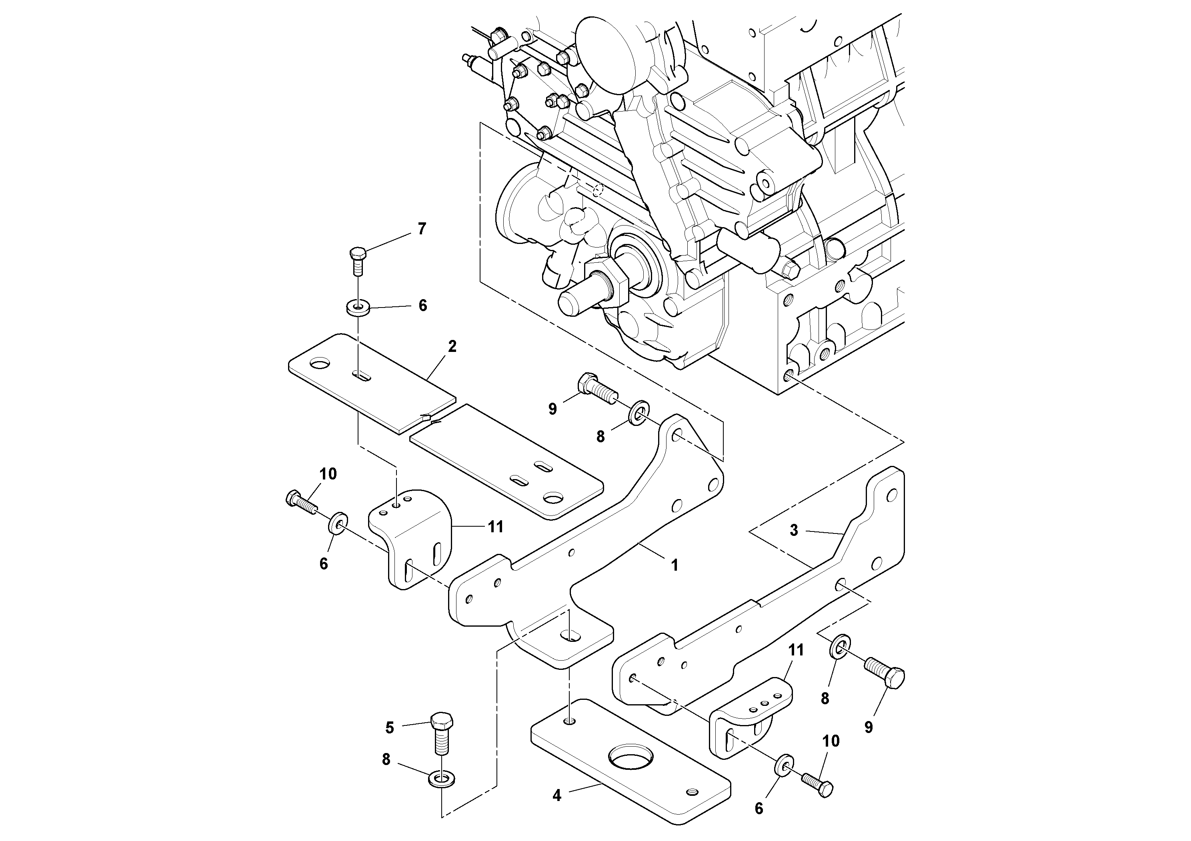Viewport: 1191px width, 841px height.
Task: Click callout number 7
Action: point(422,229)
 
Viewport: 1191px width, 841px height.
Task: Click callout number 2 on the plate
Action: point(452,346)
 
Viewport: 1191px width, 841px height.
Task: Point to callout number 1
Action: point(675,565)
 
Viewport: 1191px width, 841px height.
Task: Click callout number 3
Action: point(794,530)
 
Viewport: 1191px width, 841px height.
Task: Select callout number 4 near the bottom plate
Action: point(556,795)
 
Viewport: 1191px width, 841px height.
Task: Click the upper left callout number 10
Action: point(328,473)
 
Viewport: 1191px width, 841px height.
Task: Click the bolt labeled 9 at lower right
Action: point(885,672)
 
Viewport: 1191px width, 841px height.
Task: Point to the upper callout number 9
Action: point(552,409)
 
